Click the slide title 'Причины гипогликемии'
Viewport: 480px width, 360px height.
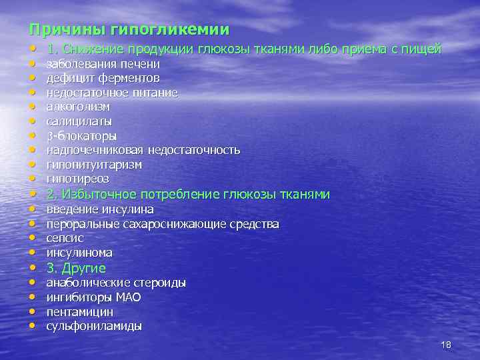pos(129,30)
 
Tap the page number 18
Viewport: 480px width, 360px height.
pos(447,345)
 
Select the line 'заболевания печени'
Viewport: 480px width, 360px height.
pos(103,64)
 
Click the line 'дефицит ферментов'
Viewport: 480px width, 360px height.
pos(103,79)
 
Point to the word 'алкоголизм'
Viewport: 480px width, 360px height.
pos(78,107)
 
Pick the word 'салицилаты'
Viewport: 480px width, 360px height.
pos(79,121)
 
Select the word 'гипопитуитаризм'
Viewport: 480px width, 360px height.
pos(94,165)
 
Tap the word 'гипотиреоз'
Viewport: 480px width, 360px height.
pos(77,179)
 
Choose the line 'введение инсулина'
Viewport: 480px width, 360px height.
pos(100,209)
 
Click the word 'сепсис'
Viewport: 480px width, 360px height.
pos(65,238)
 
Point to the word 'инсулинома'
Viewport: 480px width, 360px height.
pos(79,253)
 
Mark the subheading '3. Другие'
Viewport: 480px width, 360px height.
pos(76,268)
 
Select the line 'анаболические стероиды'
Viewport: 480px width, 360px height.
pos(116,283)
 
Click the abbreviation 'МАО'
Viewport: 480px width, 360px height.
pos(128,297)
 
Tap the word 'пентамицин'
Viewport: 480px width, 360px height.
pos(79,312)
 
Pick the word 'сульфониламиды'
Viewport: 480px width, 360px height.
pos(94,327)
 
